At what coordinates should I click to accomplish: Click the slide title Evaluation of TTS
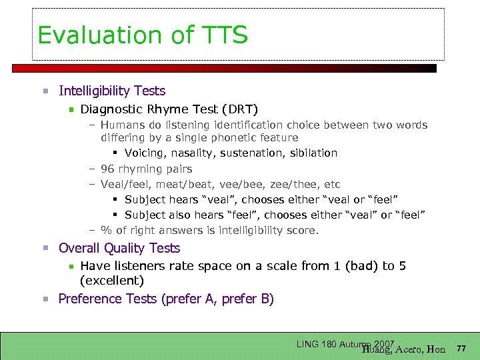coord(143,35)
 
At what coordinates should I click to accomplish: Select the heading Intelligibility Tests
coord(112,91)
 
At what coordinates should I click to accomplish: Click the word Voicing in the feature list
coord(145,153)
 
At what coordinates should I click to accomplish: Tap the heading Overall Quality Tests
coord(119,248)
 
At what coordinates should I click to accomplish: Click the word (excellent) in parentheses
coord(111,281)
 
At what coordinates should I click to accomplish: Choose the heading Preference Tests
coord(107,299)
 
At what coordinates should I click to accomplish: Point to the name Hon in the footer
coord(436,349)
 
